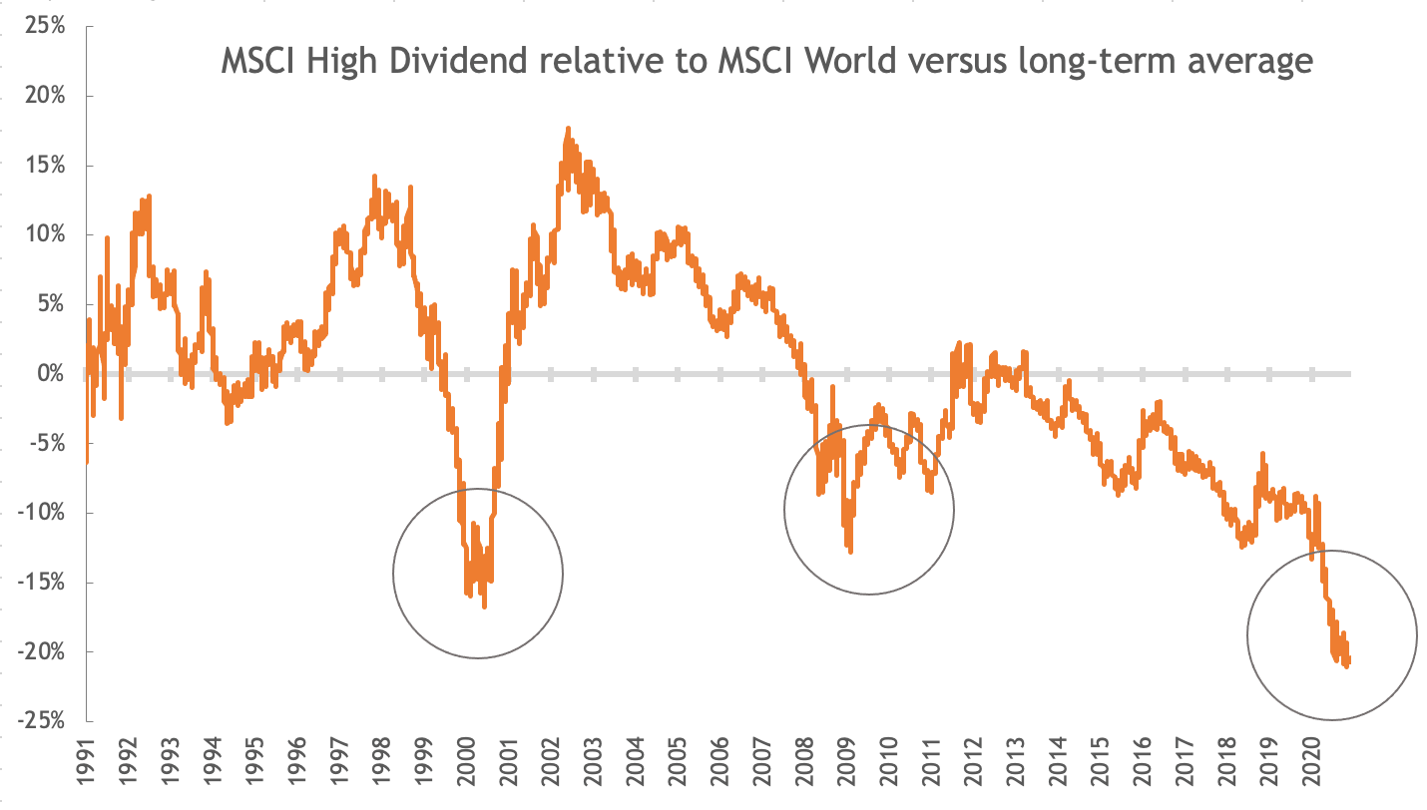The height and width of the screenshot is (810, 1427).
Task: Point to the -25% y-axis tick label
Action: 43,721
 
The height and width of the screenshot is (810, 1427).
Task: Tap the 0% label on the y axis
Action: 51,374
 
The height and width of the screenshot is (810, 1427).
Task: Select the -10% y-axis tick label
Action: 43,513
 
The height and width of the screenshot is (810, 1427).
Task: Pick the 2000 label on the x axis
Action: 467,765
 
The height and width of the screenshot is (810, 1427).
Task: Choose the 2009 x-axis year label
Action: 847,765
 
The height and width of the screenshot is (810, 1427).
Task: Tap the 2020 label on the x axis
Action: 1311,765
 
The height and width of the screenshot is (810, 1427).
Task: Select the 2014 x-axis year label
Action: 1058,765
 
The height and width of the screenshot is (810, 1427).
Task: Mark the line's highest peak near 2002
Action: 568,129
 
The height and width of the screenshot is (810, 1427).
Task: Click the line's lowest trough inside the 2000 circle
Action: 485,607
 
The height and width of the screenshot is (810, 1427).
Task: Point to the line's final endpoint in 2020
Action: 1348,664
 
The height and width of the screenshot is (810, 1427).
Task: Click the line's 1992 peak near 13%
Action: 149,197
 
